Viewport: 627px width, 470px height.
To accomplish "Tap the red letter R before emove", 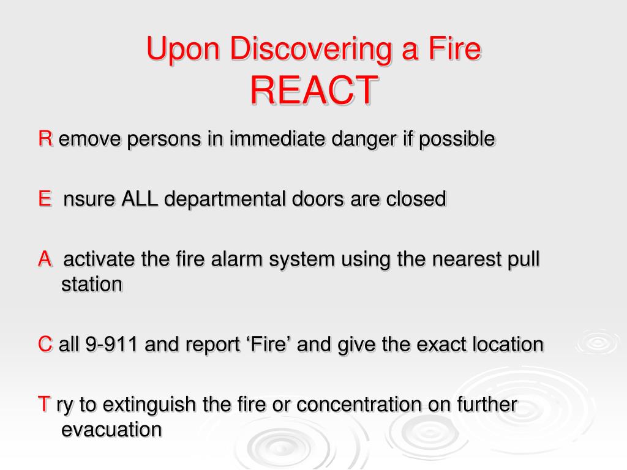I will (45, 140).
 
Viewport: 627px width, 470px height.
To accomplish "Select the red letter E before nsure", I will (44, 200).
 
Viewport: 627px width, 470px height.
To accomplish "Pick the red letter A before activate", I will (45, 259).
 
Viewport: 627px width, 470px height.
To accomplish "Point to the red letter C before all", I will (45, 345).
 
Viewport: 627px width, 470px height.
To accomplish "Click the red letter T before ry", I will (44, 405).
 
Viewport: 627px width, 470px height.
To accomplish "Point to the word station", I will (92, 285).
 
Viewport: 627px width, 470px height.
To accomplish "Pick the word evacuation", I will (112, 430).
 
